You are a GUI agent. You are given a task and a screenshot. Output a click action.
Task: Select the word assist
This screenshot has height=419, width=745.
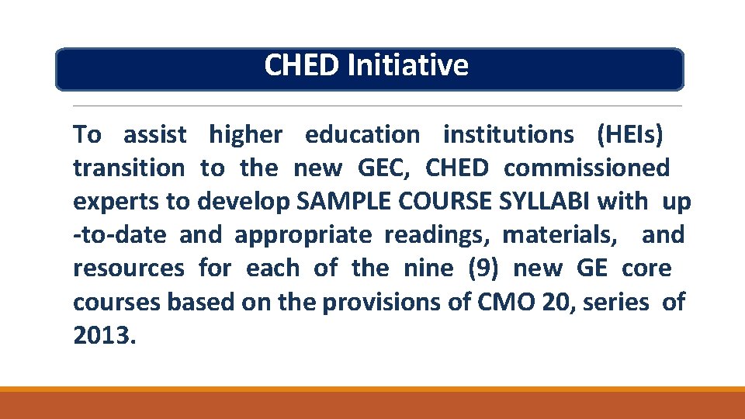click(x=155, y=135)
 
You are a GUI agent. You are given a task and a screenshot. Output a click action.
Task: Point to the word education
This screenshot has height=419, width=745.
click(x=362, y=135)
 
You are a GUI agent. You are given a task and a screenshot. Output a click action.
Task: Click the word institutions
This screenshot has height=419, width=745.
click(x=508, y=135)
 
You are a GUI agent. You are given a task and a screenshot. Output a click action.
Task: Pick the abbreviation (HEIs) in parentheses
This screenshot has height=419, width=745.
click(x=630, y=135)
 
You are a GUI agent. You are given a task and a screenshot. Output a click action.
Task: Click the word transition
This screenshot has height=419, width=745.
click(x=129, y=168)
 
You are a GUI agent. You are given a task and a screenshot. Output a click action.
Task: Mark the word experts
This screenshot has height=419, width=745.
click(x=116, y=203)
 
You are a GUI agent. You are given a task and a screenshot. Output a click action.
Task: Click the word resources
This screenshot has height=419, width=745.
click(x=129, y=269)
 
